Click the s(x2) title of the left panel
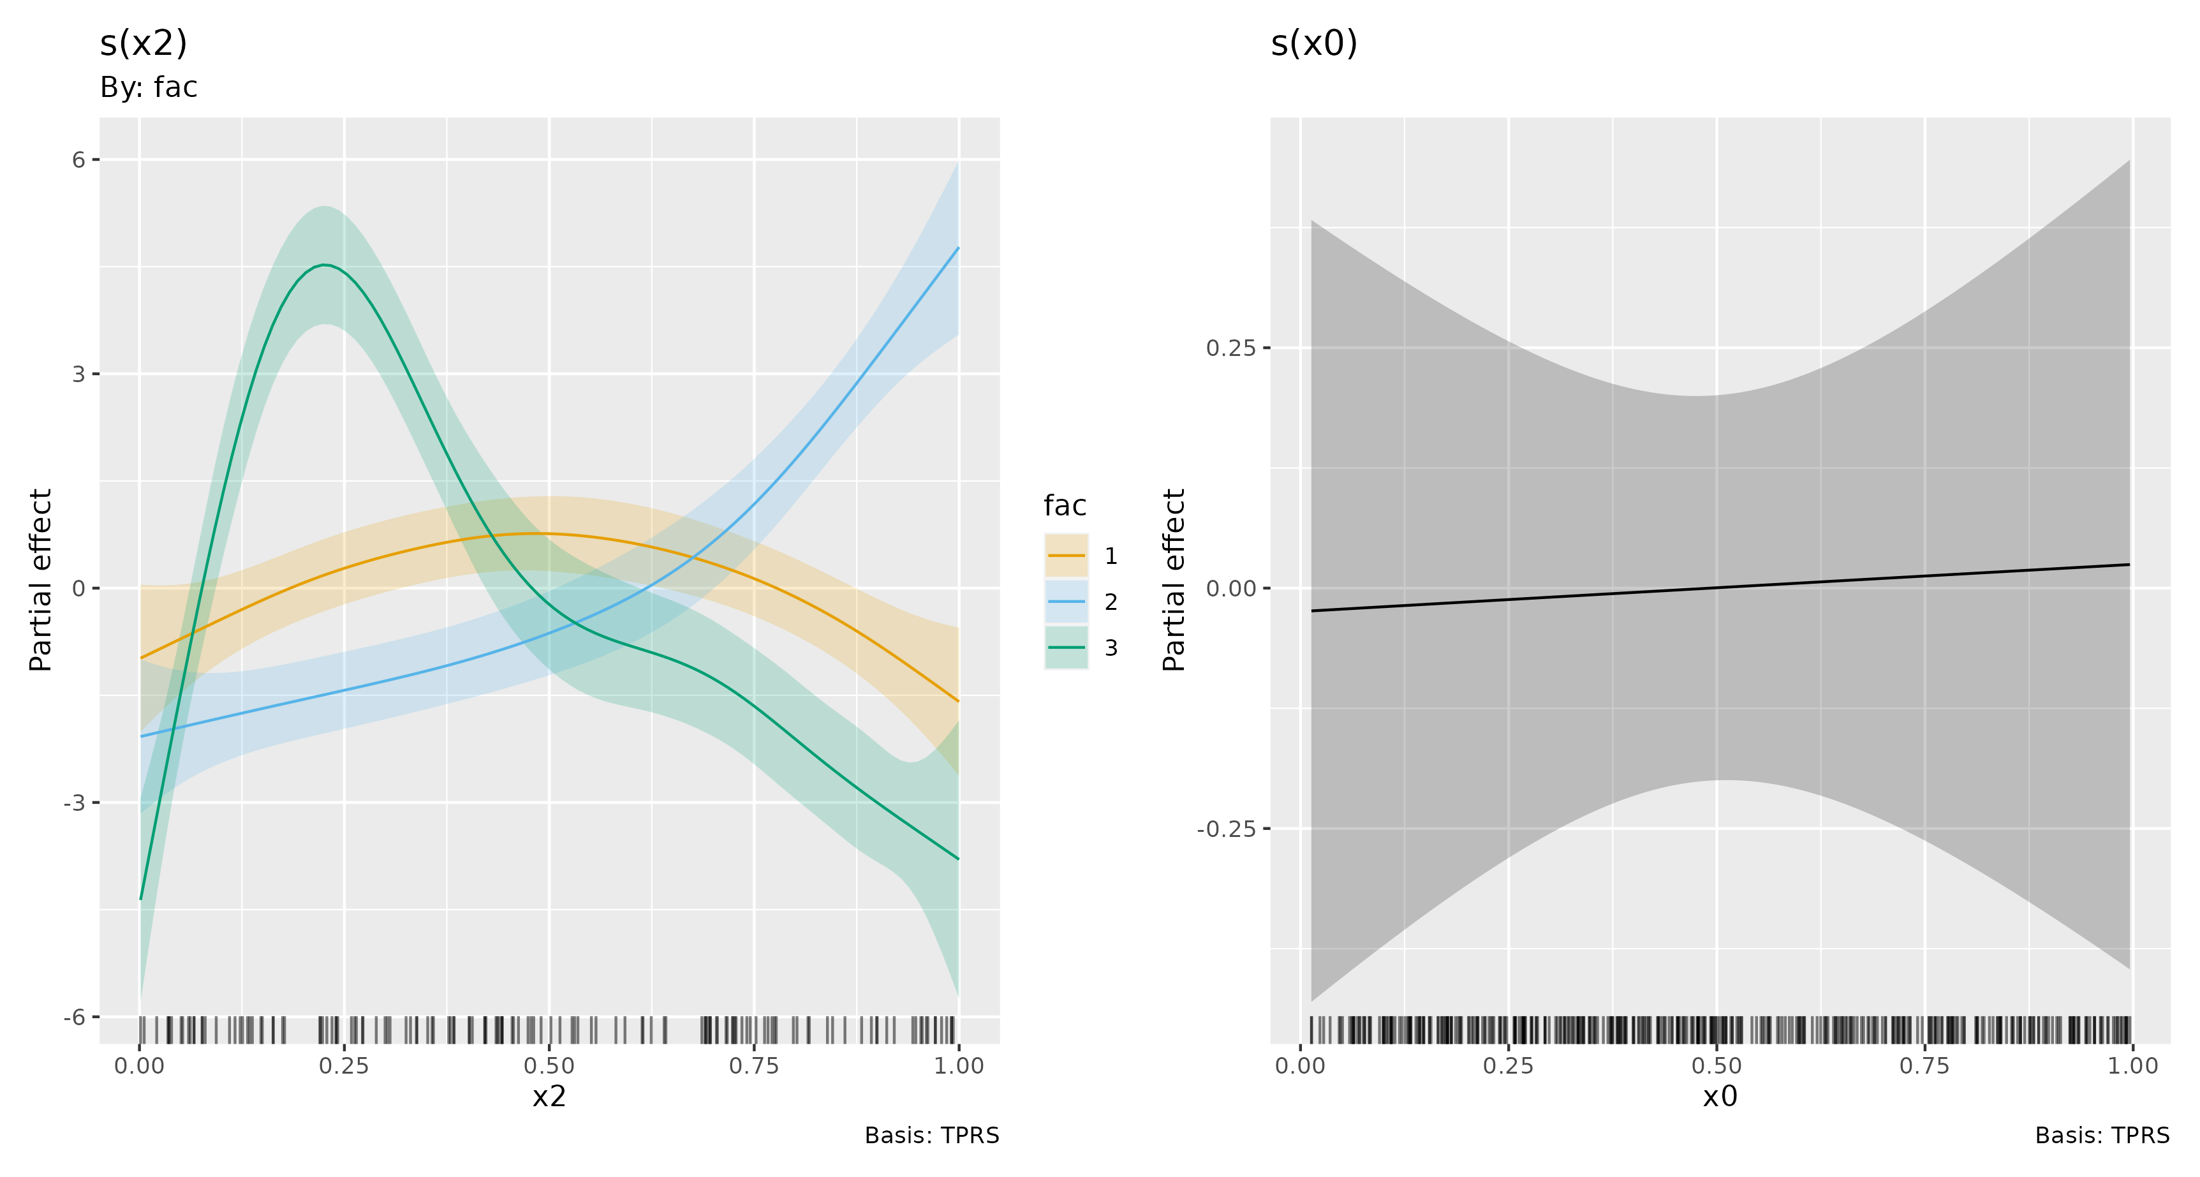(x=144, y=43)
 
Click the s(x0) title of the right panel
(x=1313, y=43)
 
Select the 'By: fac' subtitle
(x=149, y=87)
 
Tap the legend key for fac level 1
(x=1066, y=556)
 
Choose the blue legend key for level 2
(x=1066, y=602)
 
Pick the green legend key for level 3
(x=1066, y=648)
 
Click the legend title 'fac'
(x=1064, y=506)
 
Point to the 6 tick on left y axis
(x=80, y=159)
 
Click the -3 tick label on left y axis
(x=75, y=803)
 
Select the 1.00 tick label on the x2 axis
(x=958, y=1066)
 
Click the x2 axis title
(x=549, y=1097)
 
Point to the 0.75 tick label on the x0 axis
(x=1924, y=1066)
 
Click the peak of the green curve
(x=325, y=265)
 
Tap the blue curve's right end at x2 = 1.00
(x=957, y=249)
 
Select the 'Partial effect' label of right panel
(x=1174, y=580)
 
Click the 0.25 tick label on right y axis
(x=1230, y=348)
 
